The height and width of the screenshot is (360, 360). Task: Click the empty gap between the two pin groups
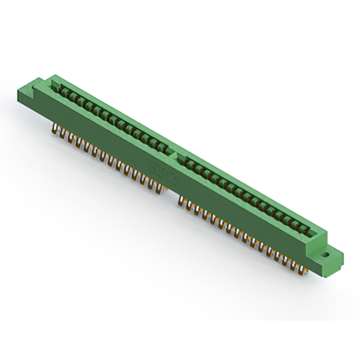[x=171, y=195]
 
